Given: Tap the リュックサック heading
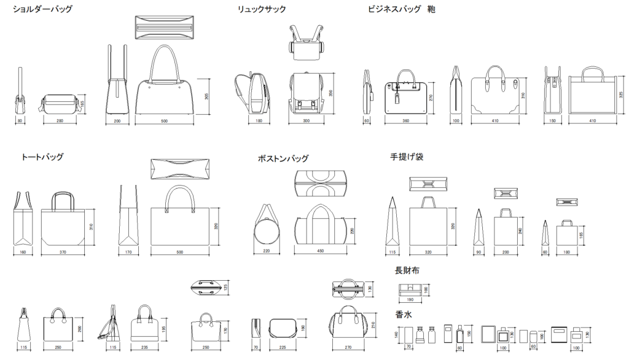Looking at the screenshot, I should click(x=262, y=9).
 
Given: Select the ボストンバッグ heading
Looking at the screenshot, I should click(x=283, y=158).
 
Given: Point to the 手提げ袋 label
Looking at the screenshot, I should click(x=407, y=157).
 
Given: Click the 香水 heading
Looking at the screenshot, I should click(x=403, y=315).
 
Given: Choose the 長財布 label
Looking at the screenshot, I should click(x=407, y=270).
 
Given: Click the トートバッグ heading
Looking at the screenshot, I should click(x=42, y=157).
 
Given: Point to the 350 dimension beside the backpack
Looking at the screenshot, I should click(x=330, y=93).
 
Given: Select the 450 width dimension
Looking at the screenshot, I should click(x=320, y=251).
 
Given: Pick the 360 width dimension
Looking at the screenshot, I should click(x=405, y=121).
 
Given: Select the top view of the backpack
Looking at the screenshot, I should click(x=305, y=43).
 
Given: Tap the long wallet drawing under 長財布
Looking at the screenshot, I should click(x=410, y=289).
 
